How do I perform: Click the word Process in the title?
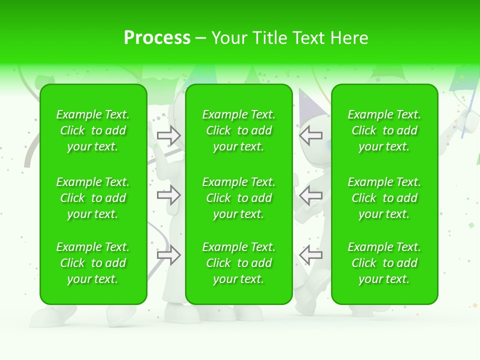click(x=157, y=37)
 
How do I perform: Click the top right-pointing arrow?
click(x=168, y=135)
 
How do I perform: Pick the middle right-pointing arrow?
click(x=168, y=195)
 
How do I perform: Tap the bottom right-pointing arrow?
click(x=168, y=255)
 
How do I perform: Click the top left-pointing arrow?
click(x=310, y=135)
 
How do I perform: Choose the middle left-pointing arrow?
click(x=310, y=195)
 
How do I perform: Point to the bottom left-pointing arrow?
click(x=310, y=255)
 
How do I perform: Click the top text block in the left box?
click(x=93, y=130)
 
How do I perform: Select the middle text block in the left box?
click(x=93, y=198)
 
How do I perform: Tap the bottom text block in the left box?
click(x=93, y=263)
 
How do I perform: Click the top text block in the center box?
click(x=239, y=130)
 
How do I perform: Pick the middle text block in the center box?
click(x=239, y=198)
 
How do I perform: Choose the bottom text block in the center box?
click(x=239, y=263)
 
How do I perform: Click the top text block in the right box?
click(x=384, y=130)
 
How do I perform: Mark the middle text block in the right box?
click(x=384, y=198)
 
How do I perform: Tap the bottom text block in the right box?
click(x=384, y=263)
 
